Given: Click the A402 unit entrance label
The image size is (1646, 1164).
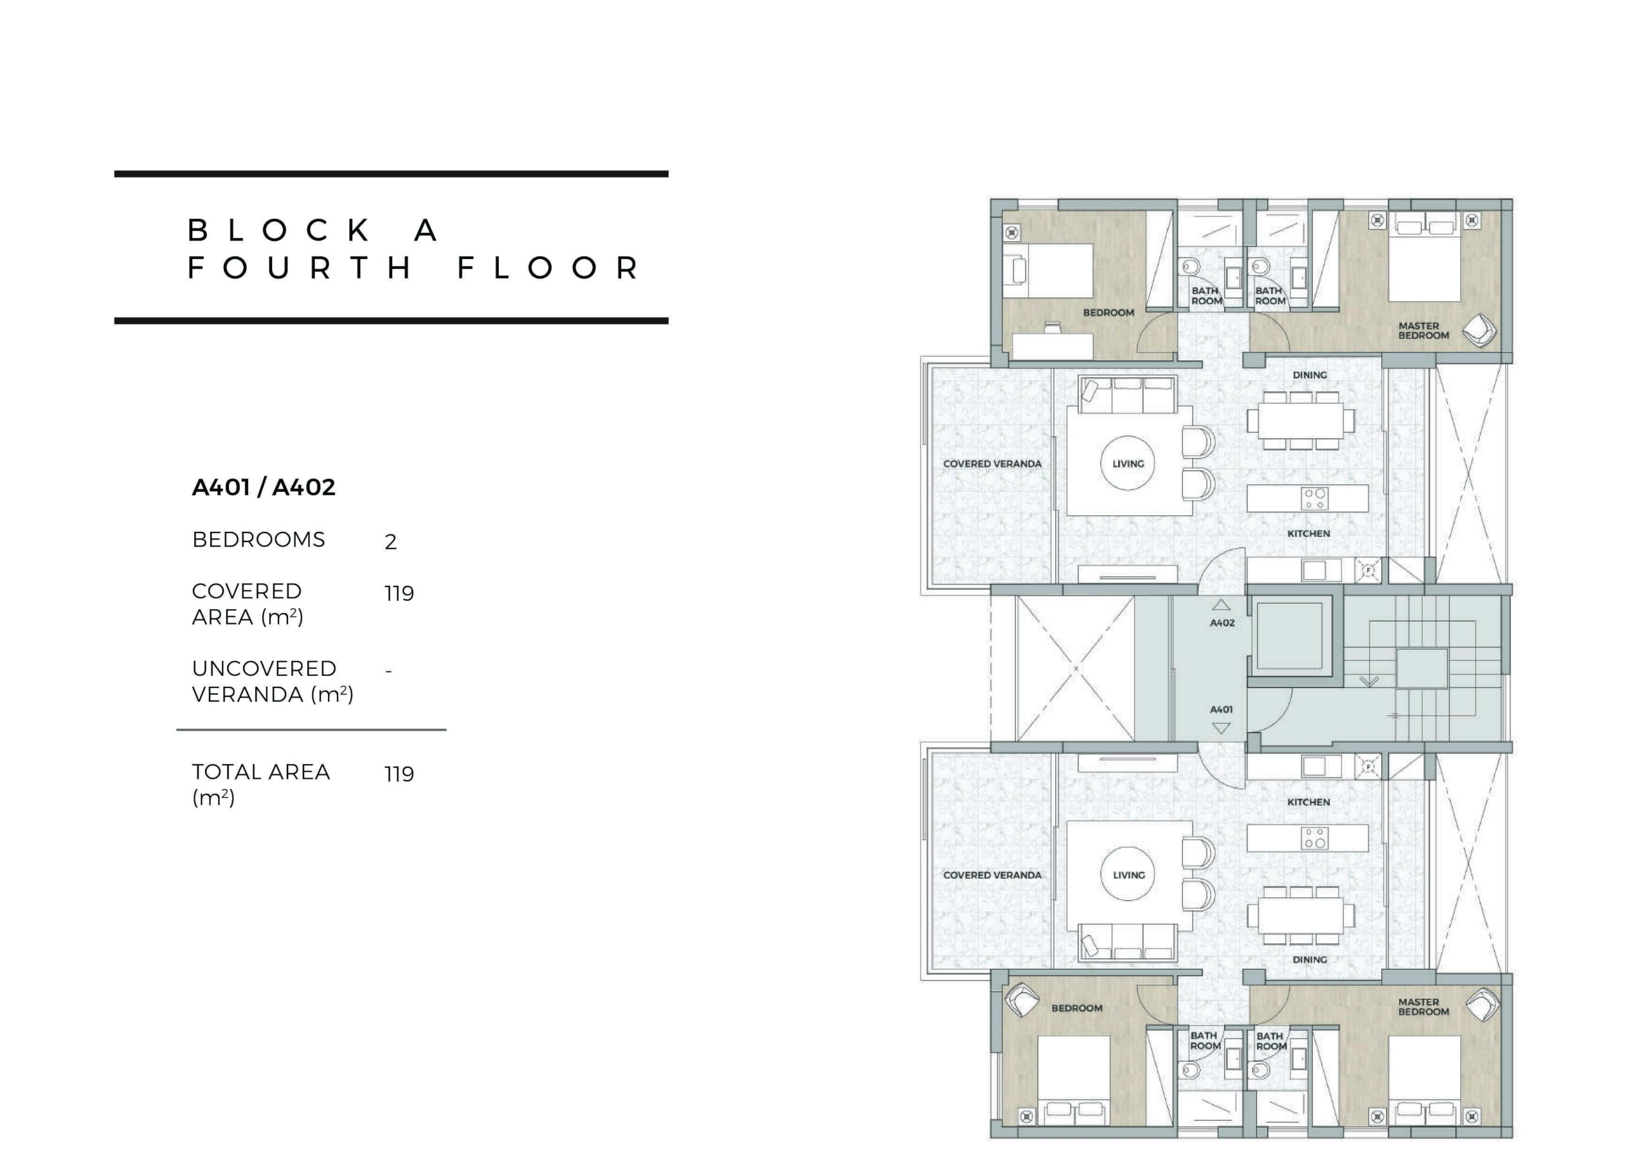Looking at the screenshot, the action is (1222, 623).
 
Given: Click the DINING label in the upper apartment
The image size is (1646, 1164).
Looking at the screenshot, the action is (1310, 375).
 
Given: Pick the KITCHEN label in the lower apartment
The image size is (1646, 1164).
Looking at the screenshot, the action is (1308, 802).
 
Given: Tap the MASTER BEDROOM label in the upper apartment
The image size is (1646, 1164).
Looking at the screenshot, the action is (1423, 331).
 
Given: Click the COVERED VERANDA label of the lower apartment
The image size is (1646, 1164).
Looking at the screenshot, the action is (992, 875).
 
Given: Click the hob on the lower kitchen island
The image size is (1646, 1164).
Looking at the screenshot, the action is (1315, 838).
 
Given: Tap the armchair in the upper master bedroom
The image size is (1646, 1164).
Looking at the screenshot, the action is (1479, 331).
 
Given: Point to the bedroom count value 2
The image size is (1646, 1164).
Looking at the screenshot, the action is (391, 541).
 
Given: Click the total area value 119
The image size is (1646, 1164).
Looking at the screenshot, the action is (399, 774).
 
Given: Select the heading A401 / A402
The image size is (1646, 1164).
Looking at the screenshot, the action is (264, 487).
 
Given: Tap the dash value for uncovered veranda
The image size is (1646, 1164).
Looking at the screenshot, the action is (388, 671).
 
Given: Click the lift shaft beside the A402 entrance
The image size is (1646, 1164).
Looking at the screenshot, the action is (1290, 636).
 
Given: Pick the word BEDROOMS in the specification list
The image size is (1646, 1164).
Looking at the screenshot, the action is (258, 540).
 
